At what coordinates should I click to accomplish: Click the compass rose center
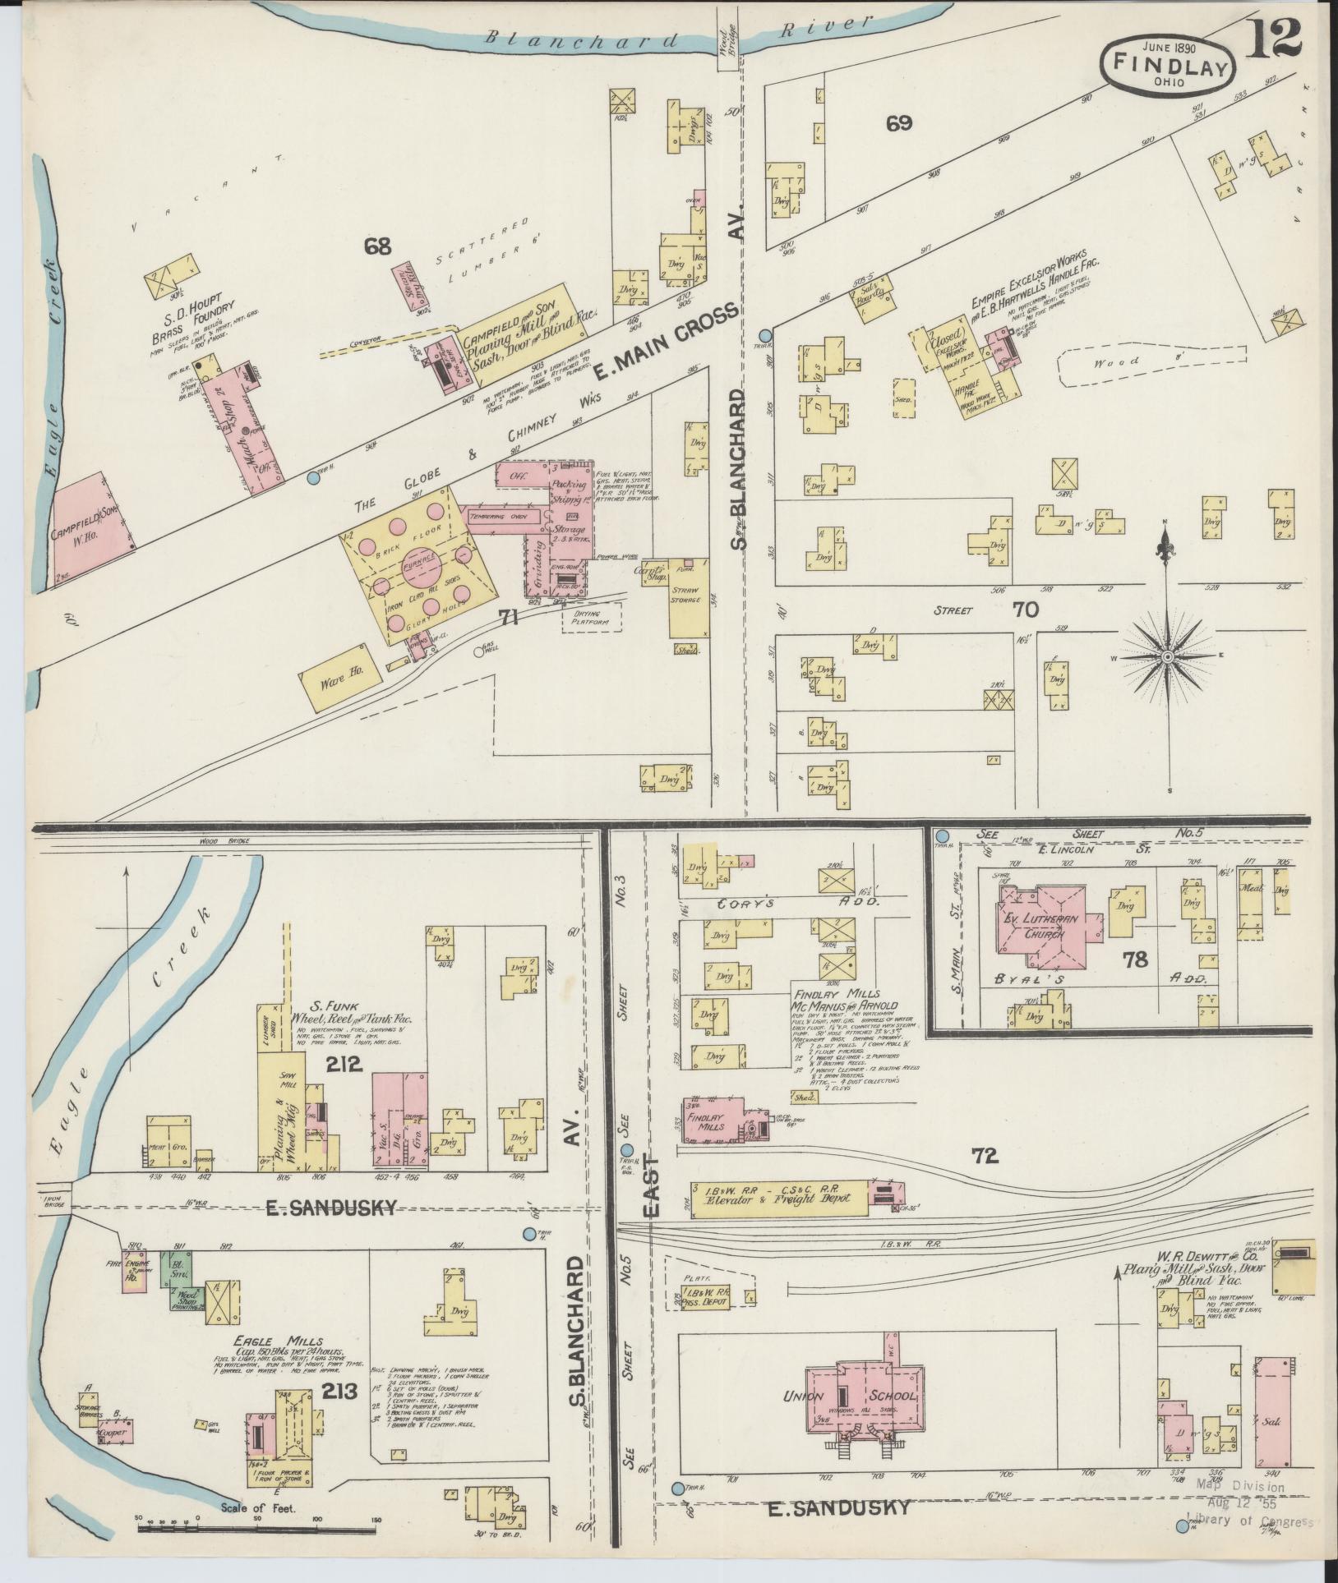pos(1167,656)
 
